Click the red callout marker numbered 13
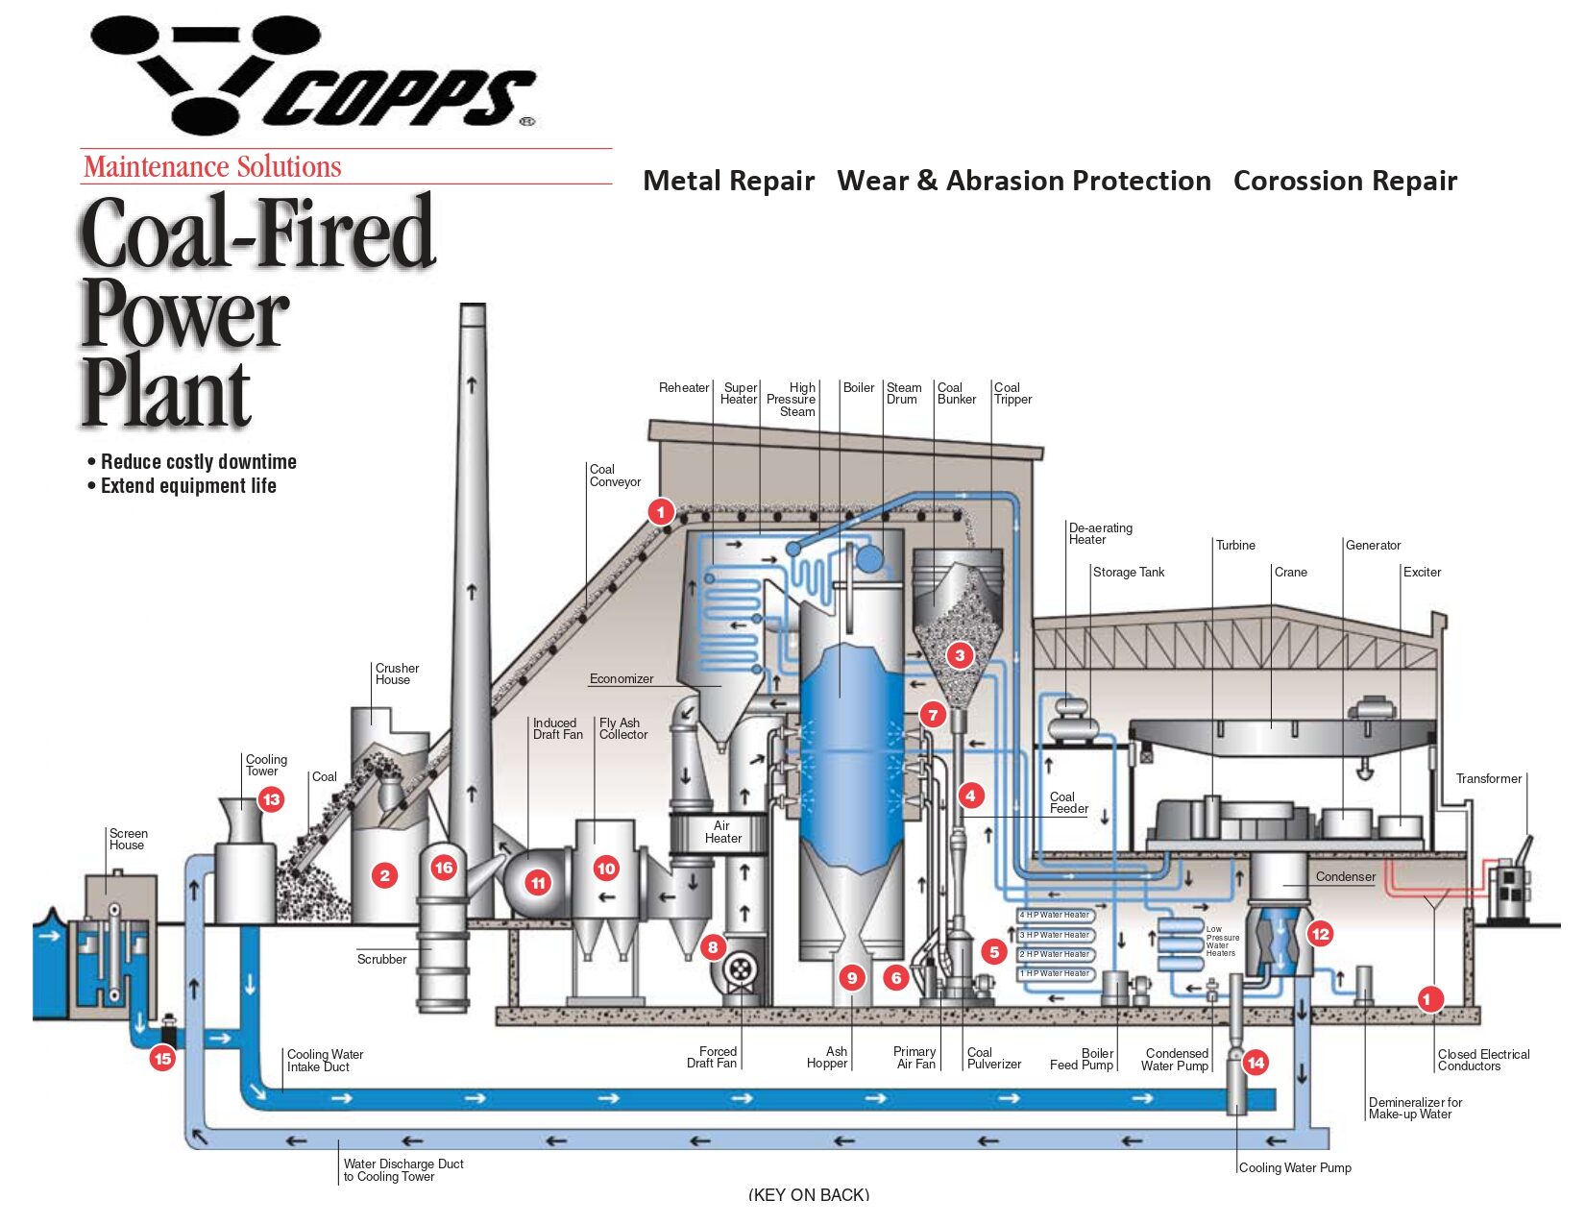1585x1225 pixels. point(271,799)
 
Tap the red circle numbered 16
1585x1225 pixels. point(443,868)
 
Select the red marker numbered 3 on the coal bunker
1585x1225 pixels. point(959,655)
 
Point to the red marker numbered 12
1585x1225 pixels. point(1320,933)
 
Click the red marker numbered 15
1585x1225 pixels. point(162,1059)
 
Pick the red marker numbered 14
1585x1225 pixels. point(1256,1062)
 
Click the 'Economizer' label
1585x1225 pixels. point(621,678)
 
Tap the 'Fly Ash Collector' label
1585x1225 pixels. point(622,728)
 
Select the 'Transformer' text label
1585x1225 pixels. point(1488,778)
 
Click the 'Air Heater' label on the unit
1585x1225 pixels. point(722,832)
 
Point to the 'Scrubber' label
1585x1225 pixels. point(381,959)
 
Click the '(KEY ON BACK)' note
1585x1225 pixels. point(808,1194)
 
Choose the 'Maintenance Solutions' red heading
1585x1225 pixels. point(212,167)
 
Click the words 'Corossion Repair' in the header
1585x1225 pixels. point(1344,181)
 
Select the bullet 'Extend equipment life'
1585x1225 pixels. point(188,486)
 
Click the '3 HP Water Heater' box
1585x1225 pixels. point(1056,935)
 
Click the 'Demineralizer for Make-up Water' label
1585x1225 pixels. point(1414,1108)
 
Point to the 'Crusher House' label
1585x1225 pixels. point(397,674)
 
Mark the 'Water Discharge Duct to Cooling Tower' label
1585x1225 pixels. point(402,1169)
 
